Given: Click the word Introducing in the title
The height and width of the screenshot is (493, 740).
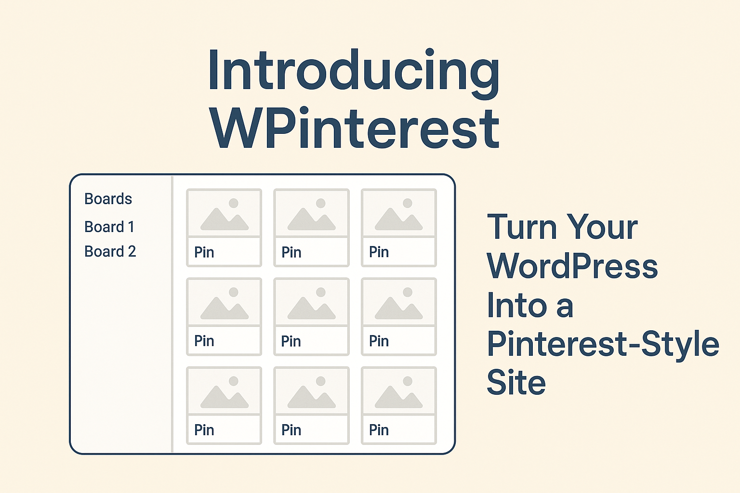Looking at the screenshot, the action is [354, 73].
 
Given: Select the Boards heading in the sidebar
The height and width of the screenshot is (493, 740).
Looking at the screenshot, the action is [108, 199].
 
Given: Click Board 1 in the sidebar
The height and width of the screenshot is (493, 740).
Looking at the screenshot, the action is [109, 227].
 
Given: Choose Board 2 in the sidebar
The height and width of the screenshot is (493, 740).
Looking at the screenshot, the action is [110, 251].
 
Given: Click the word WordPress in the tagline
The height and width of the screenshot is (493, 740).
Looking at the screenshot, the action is [572, 266].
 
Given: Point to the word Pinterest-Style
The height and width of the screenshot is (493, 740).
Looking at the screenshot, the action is [603, 344].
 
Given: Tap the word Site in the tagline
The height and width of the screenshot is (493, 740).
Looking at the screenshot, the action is [516, 382].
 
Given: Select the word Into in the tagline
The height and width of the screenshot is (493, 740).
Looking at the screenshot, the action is [517, 305].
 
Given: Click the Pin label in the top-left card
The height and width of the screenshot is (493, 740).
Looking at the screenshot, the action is [204, 252].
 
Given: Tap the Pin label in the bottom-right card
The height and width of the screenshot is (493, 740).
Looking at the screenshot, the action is [379, 430].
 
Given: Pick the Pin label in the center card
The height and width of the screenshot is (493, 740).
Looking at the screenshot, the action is [291, 341].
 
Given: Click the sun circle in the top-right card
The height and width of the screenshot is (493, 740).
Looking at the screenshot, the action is [407, 203].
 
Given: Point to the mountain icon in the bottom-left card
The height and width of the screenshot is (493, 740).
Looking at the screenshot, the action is [225, 397].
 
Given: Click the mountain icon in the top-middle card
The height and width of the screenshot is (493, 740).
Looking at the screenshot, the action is [312, 219].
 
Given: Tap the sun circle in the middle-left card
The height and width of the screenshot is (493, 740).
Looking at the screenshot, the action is [234, 292].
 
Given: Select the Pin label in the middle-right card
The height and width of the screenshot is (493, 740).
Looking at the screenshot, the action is [379, 341].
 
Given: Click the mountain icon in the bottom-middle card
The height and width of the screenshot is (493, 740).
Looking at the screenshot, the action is [312, 397].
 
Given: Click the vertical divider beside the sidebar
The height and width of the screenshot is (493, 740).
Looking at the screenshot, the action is [172, 314].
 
